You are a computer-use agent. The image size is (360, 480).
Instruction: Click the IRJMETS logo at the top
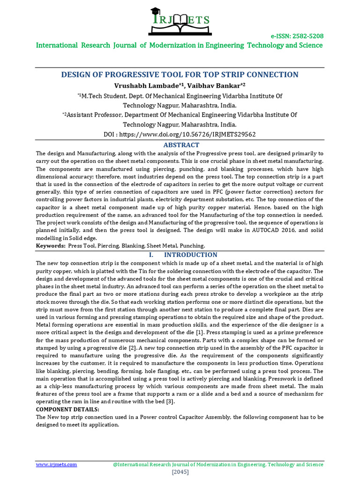coord(180,18)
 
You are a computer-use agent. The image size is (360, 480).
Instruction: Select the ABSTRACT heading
coord(181,145)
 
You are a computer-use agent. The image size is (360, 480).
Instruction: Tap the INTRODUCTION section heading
coord(190,255)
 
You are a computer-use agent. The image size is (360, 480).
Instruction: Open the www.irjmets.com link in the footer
coord(57,464)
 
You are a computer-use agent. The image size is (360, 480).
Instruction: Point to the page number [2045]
coord(180,472)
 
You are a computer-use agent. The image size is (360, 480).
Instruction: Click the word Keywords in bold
coord(51,246)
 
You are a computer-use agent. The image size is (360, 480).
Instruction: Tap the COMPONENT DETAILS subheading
coord(67,409)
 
